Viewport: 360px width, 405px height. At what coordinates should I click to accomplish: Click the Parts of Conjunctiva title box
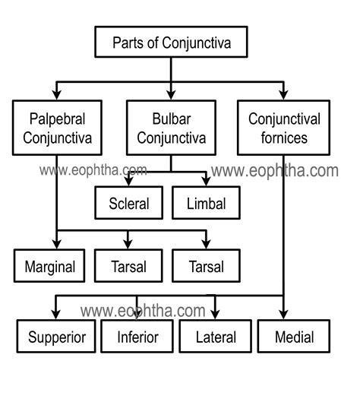click(x=171, y=43)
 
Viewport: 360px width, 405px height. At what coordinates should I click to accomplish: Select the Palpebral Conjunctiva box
click(x=58, y=128)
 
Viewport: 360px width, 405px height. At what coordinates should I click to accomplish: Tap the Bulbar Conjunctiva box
click(x=170, y=128)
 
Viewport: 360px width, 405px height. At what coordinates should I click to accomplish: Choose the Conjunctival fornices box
click(x=283, y=128)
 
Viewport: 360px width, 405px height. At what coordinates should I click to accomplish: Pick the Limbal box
click(x=206, y=203)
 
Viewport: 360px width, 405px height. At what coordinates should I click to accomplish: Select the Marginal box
click(x=49, y=267)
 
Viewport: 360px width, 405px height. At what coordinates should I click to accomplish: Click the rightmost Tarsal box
click(x=206, y=267)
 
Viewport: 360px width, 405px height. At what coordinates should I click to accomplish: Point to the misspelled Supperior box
click(x=57, y=336)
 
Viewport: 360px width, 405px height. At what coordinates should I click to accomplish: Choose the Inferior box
click(x=137, y=336)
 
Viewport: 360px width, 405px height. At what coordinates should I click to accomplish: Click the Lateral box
click(x=216, y=336)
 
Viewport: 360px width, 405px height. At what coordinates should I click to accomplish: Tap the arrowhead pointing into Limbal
click(x=206, y=181)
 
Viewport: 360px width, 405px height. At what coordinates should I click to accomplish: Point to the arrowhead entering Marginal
click(x=58, y=245)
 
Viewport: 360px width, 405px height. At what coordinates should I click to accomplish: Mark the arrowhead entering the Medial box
click(x=283, y=315)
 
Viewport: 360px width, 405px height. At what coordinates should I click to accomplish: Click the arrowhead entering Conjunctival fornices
click(x=283, y=95)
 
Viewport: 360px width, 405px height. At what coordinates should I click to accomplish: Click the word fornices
click(x=283, y=138)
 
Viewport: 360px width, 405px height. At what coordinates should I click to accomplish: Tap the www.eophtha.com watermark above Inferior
click(x=143, y=310)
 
